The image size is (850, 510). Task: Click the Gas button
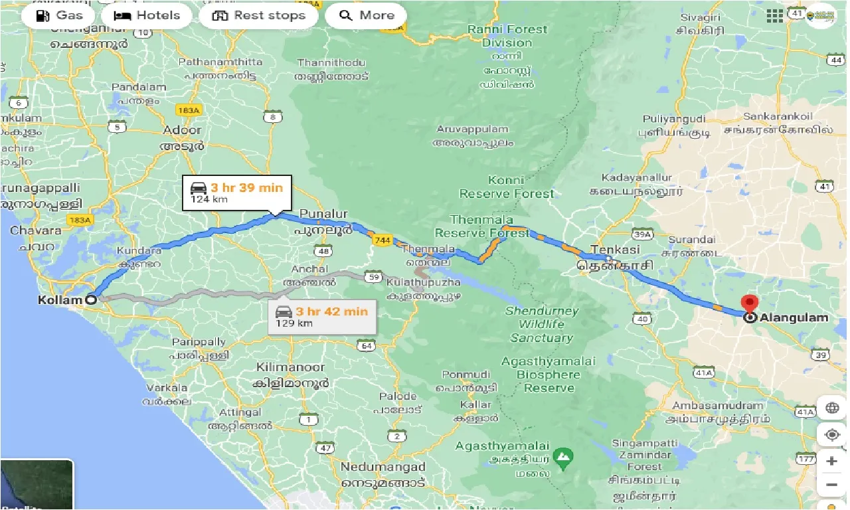(60, 15)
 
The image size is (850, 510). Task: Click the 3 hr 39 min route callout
(236, 193)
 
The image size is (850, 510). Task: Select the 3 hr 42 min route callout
(323, 317)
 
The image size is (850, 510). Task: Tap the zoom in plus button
(832, 461)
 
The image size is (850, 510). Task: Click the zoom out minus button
(832, 485)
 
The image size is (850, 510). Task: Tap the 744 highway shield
(381, 240)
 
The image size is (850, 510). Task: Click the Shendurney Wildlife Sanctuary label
(541, 324)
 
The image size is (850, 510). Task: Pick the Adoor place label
(182, 129)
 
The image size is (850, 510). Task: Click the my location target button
(832, 435)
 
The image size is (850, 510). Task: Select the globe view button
(832, 408)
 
